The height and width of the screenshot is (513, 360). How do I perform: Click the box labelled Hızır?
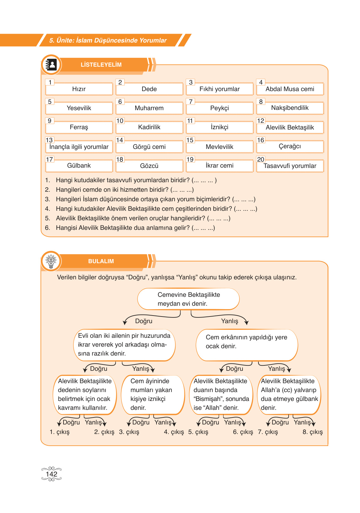[x=79, y=89]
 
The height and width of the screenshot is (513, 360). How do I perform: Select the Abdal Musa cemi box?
[x=290, y=89]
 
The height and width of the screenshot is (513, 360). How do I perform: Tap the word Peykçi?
[x=219, y=108]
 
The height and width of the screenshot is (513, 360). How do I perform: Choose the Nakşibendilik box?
[x=290, y=108]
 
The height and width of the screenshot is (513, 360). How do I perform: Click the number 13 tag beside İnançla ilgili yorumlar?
[x=49, y=140]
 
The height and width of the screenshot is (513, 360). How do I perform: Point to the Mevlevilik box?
[x=219, y=147]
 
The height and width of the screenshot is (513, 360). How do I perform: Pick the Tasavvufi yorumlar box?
[x=290, y=166]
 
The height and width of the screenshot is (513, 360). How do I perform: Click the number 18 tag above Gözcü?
[x=120, y=159]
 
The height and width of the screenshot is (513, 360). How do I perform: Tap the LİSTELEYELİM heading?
[x=101, y=65]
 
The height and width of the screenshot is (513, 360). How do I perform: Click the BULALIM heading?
[x=101, y=261]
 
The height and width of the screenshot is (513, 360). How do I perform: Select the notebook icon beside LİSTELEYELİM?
[x=51, y=65]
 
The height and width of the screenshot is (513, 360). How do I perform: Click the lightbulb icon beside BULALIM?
[x=51, y=261]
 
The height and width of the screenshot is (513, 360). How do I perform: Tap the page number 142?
[x=51, y=474]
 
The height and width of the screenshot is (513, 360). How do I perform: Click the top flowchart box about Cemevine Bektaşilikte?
[x=189, y=299]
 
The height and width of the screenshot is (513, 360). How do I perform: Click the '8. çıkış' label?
[x=312, y=432]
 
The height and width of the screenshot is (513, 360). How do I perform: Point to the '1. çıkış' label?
[x=60, y=432]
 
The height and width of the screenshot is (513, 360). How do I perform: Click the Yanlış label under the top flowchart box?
[x=230, y=321]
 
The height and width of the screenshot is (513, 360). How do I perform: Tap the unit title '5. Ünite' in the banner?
[x=108, y=40]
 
